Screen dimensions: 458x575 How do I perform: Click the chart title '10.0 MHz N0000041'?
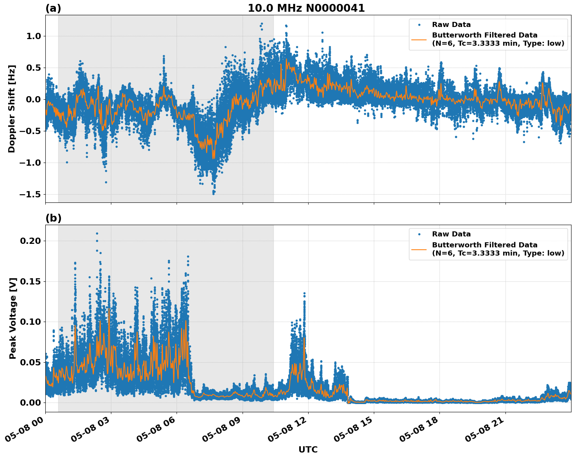[x=306, y=8]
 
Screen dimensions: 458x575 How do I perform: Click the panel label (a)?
[x=53, y=8]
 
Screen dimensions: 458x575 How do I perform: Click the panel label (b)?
[x=53, y=218]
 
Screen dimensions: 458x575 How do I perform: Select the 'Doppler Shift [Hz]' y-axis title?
[x=12, y=109]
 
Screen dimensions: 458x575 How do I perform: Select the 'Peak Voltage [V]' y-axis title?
[x=13, y=318]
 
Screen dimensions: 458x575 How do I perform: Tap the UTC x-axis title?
[x=308, y=449]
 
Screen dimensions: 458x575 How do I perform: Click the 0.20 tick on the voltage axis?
[x=30, y=241]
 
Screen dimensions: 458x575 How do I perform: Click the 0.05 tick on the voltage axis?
[x=30, y=362]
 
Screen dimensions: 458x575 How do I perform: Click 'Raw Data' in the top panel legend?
[x=451, y=25]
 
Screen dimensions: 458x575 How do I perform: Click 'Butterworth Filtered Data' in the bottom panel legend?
[x=484, y=245]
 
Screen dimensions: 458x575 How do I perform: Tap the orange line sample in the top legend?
[x=419, y=39]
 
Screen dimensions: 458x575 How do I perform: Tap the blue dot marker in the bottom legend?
[x=419, y=234]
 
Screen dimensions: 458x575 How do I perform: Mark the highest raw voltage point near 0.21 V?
[x=97, y=233]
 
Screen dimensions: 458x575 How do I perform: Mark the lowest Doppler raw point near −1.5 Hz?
[x=213, y=193]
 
